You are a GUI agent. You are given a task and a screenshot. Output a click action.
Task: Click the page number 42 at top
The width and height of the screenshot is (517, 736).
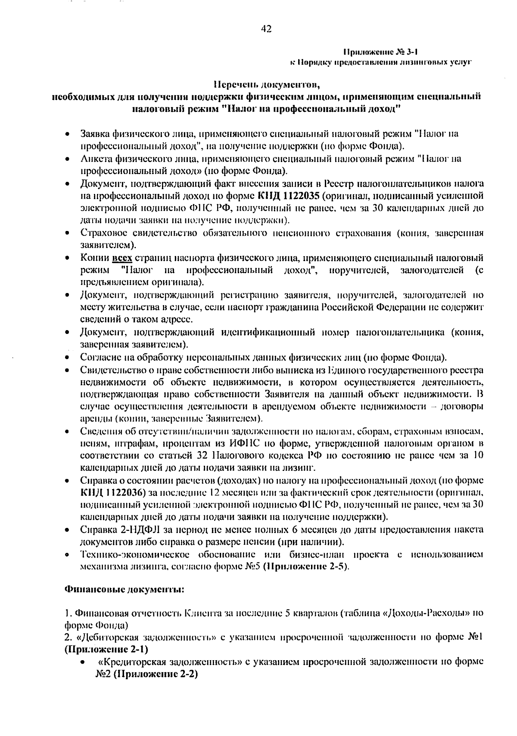pyautogui.click(x=266, y=29)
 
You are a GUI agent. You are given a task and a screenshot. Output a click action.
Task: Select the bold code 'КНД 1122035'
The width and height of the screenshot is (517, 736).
pyautogui.click(x=288, y=196)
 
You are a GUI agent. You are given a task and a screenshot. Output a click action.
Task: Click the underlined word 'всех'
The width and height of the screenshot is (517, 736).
pyautogui.click(x=122, y=258)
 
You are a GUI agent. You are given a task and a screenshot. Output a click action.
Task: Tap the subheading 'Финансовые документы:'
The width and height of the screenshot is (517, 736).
pyautogui.click(x=124, y=589)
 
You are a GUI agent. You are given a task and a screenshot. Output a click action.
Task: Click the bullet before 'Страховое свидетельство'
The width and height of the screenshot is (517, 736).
pyautogui.click(x=68, y=234)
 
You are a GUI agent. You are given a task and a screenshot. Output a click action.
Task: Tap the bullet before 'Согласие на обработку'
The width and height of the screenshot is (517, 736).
pyautogui.click(x=68, y=358)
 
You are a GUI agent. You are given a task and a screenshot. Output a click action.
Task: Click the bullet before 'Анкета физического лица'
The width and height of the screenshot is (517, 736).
pyautogui.click(x=68, y=159)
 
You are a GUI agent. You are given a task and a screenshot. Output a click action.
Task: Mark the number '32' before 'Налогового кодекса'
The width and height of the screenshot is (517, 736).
pyautogui.click(x=203, y=455)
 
